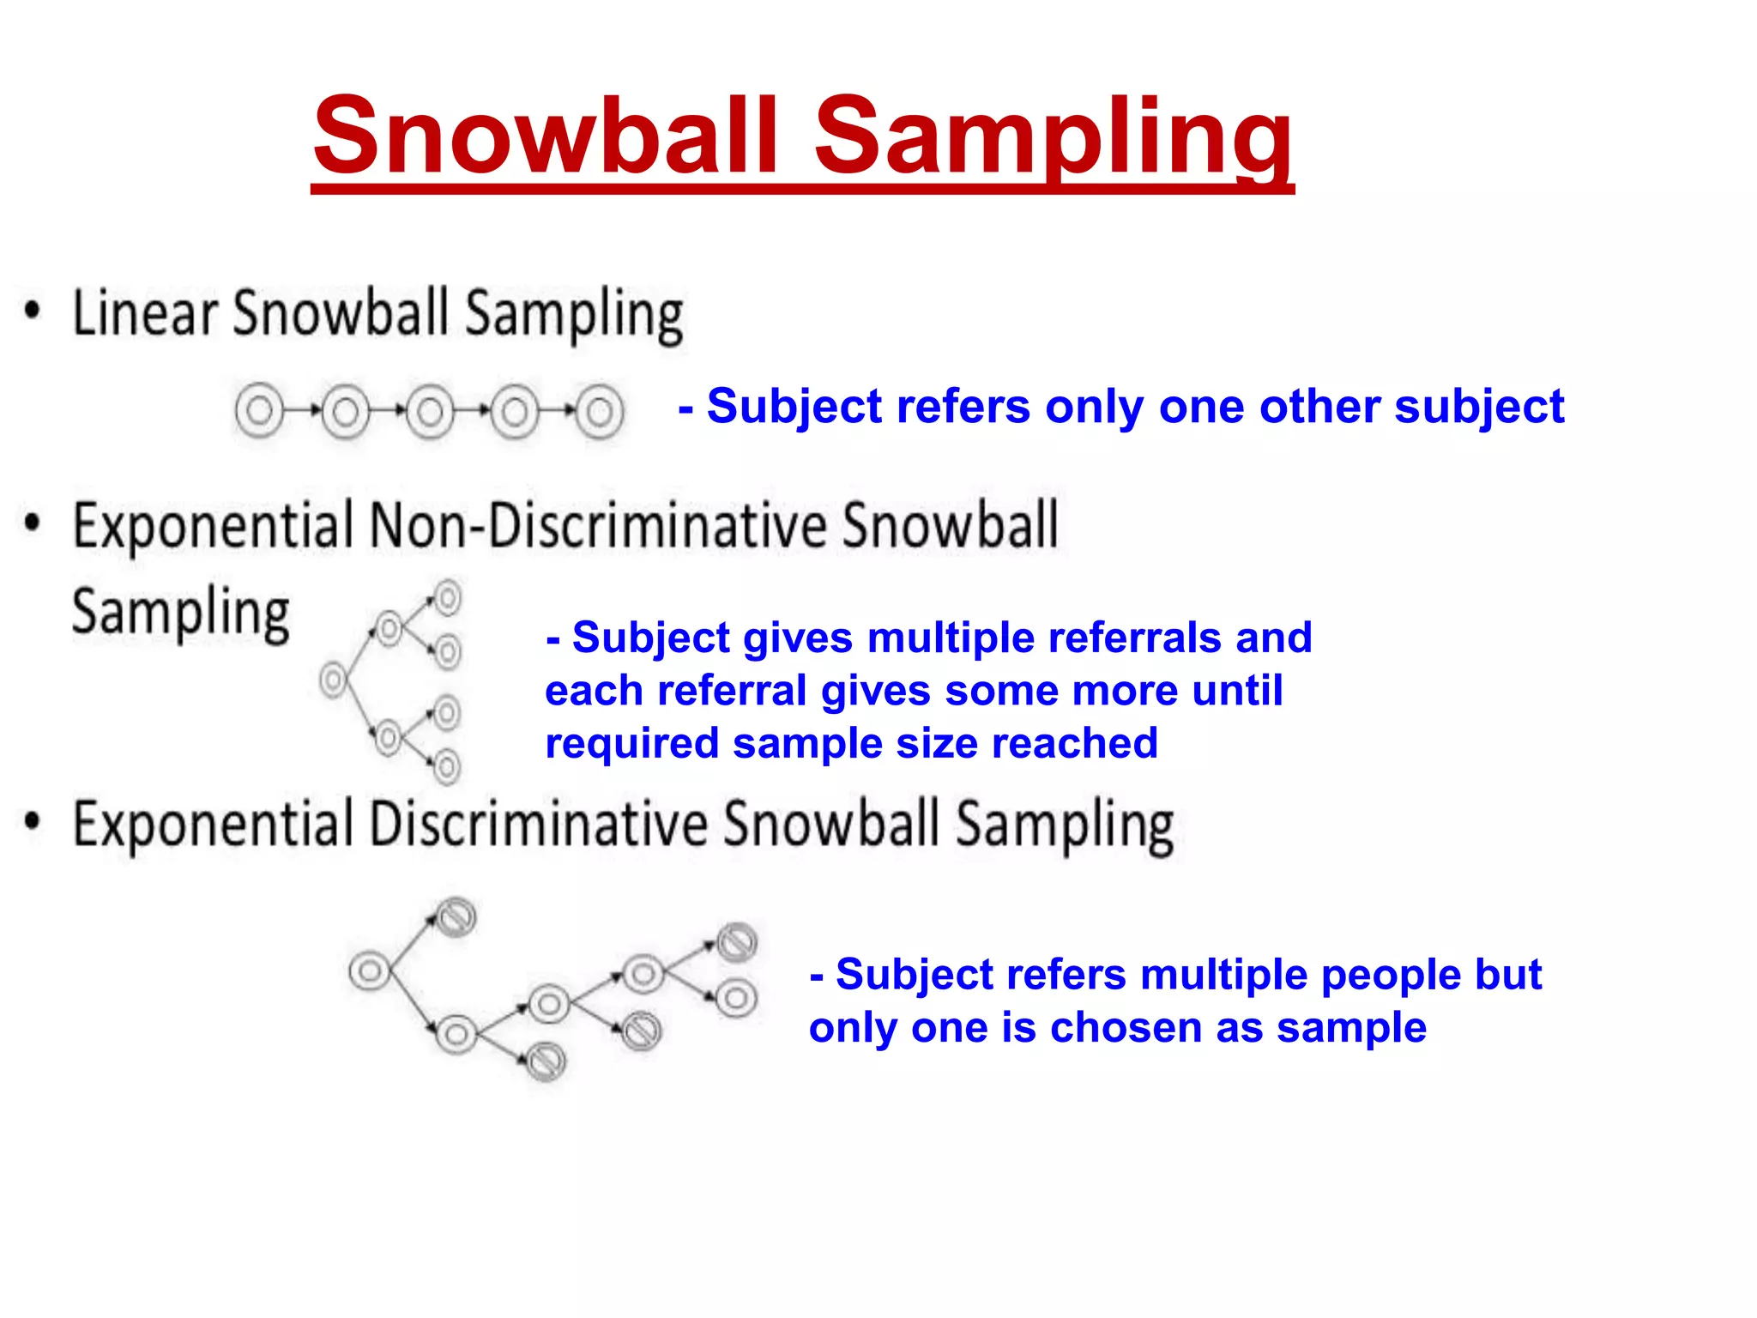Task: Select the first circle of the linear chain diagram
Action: [x=258, y=411]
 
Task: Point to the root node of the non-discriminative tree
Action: [x=333, y=680]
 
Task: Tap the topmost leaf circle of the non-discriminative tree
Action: [x=448, y=597]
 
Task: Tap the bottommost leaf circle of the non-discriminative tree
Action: [x=447, y=766]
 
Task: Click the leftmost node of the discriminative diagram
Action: [x=370, y=971]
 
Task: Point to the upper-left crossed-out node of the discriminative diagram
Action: [x=456, y=918]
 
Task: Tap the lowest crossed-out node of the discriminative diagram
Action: [x=546, y=1061]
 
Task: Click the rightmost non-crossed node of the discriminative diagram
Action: [x=736, y=998]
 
